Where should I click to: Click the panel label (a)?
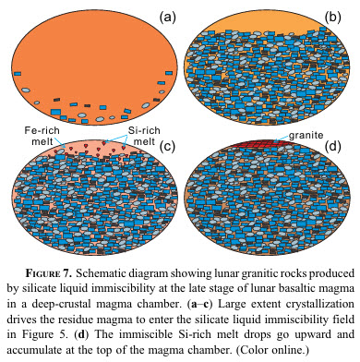point(167,17)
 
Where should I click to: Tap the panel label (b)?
point(333,17)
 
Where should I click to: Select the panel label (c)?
point(167,146)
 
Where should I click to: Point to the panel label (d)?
point(333,146)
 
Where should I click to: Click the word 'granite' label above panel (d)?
point(306,136)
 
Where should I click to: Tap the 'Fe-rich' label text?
point(42,130)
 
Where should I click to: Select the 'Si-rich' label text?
point(144,130)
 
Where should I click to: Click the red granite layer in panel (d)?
point(261,143)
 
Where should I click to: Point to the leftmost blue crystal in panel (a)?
point(18,74)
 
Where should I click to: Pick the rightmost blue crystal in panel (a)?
point(169,73)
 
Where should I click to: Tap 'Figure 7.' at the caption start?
point(49,273)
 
